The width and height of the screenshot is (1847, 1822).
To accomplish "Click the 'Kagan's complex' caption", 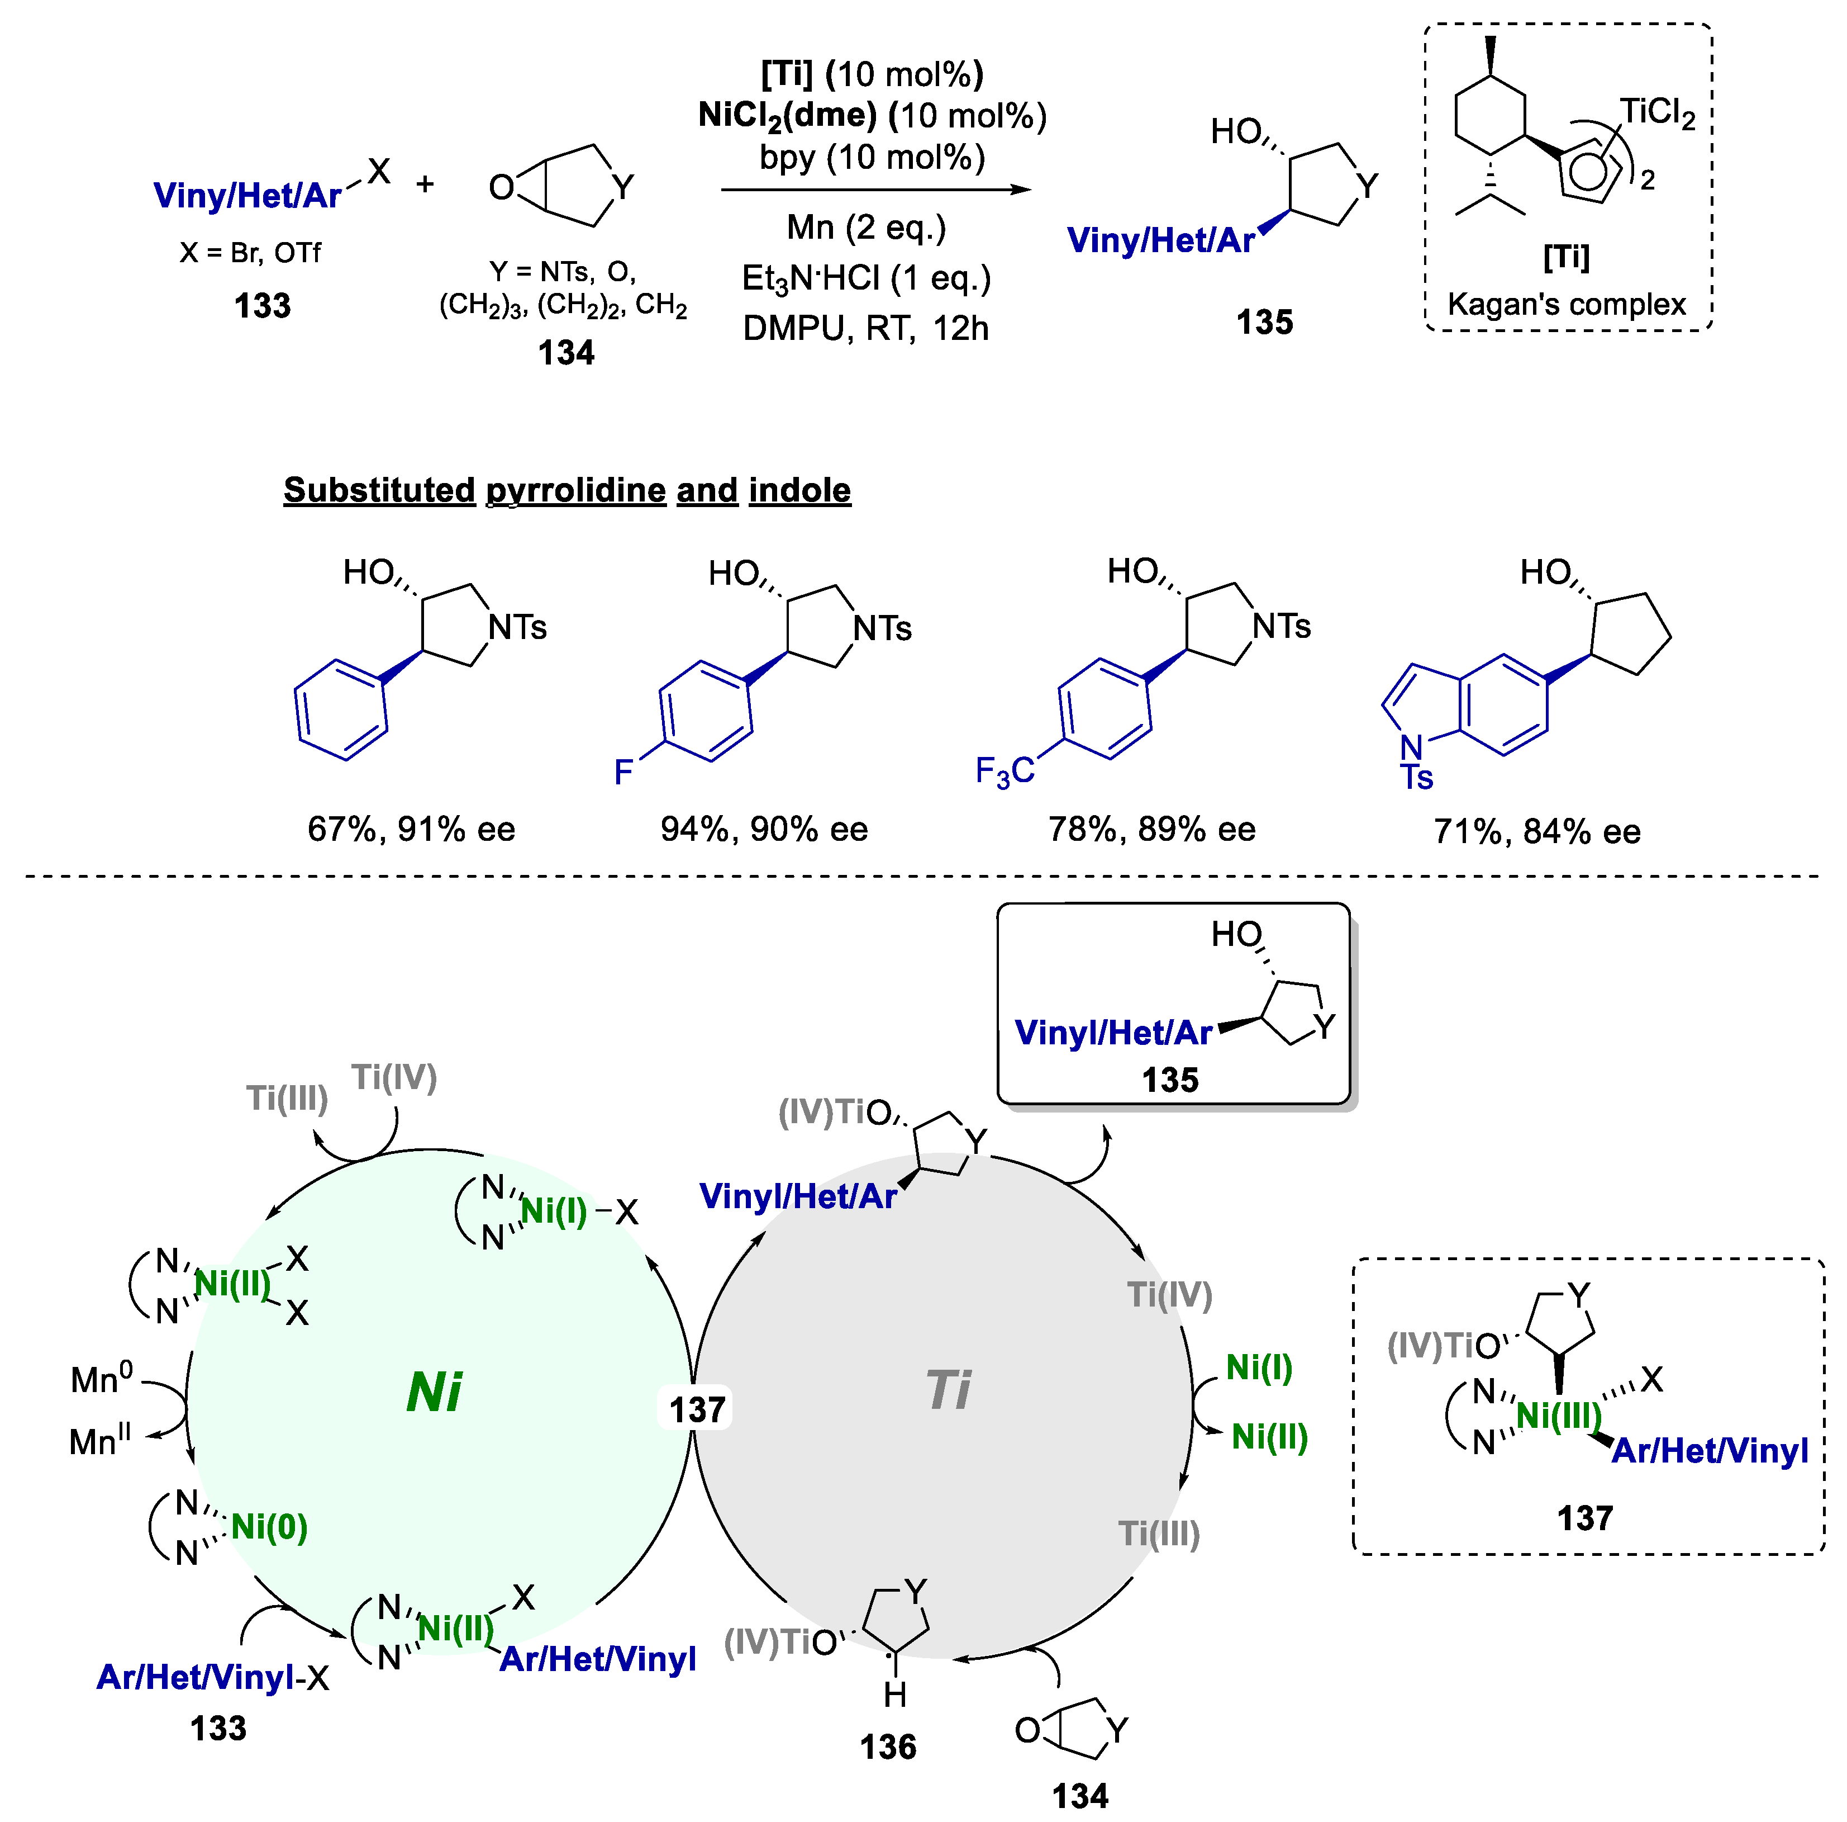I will click(x=1566, y=304).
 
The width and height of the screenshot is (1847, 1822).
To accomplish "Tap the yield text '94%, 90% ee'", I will click(x=764, y=829).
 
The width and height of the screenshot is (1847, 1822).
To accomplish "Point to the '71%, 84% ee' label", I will click(x=1536, y=831).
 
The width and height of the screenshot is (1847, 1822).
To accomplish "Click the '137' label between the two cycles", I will click(x=697, y=1409).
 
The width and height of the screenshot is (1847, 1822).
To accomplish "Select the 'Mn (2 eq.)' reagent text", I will click(x=866, y=228).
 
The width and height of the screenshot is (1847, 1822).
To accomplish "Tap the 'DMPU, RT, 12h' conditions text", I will click(x=866, y=328).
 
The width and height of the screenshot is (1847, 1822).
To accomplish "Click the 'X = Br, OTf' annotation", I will click(x=250, y=253).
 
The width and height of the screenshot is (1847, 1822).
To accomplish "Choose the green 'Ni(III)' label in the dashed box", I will click(x=1558, y=1414).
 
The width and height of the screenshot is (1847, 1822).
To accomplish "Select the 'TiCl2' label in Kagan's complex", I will click(x=1656, y=114).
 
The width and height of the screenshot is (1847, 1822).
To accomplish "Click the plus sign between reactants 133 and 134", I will click(x=425, y=183).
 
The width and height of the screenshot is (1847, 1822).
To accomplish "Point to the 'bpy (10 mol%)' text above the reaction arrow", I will click(x=872, y=157).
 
